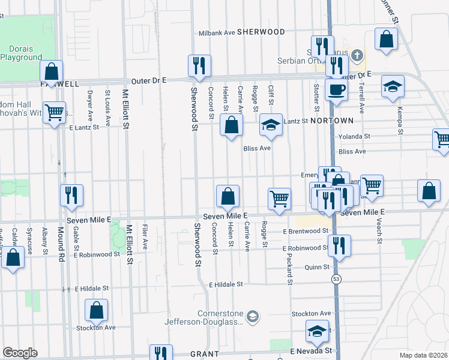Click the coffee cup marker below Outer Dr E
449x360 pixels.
[336, 91]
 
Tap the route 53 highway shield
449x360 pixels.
[334, 278]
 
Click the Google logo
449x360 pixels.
[20, 353]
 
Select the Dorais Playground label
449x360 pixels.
[21, 52]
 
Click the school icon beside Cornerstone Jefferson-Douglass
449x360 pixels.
[253, 316]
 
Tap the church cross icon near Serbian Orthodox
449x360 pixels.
[357, 56]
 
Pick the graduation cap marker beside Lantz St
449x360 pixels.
[271, 124]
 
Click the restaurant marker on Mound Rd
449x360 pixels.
[71, 195]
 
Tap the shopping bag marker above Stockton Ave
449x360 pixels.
[96, 310]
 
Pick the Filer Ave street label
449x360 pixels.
[145, 238]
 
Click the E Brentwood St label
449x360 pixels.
[306, 231]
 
